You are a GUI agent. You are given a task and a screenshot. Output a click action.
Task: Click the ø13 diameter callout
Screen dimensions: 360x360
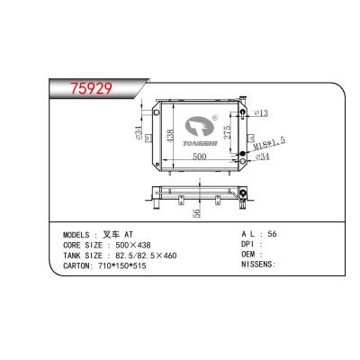pos(264,112)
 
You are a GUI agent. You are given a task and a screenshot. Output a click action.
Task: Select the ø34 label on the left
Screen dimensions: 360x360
pos(137,138)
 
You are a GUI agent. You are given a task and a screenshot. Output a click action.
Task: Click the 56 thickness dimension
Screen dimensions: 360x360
pos(194,214)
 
